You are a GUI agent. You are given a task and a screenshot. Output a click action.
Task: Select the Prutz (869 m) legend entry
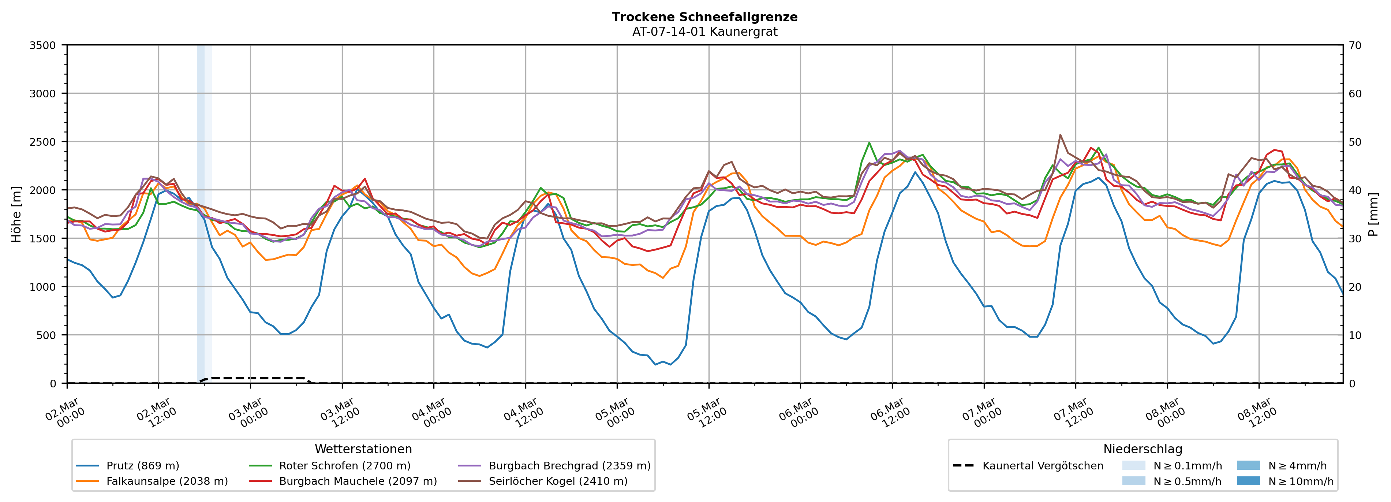143,466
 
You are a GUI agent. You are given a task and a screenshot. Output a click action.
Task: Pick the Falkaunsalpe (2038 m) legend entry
167,481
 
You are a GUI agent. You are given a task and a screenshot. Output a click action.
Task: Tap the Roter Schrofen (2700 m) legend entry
344,466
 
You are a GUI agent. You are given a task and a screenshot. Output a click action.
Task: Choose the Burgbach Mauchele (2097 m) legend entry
358,481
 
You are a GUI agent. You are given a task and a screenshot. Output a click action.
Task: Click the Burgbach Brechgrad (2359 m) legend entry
569,466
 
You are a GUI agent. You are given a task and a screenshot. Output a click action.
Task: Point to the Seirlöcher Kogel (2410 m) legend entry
558,481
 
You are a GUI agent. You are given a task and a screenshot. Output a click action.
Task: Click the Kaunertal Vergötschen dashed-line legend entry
1042,466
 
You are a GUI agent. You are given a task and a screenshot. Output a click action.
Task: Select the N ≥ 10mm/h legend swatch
1248,481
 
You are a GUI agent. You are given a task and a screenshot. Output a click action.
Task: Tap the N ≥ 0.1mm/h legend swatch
1133,466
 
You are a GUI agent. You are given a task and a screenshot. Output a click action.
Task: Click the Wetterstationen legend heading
363,449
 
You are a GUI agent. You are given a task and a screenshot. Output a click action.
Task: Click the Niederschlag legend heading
1142,449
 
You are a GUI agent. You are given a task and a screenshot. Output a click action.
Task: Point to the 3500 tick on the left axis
43,45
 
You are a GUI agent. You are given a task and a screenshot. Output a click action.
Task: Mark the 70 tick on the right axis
1355,45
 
